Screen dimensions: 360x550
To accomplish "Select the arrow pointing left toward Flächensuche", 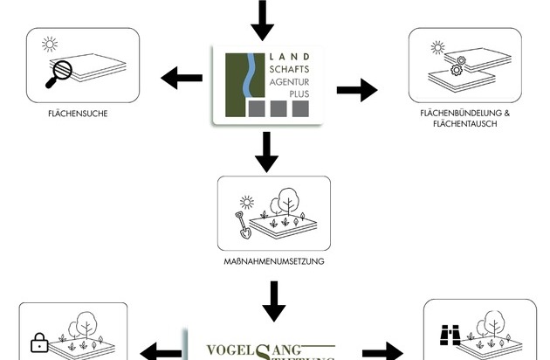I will [182, 80].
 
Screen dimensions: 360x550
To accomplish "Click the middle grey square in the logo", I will [278, 109].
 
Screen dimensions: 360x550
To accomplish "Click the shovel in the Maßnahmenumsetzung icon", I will [243, 226].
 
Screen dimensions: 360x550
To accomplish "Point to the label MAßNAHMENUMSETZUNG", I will [274, 260].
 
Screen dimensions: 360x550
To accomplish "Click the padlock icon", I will [38, 343].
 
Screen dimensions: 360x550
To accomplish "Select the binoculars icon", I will [450, 336].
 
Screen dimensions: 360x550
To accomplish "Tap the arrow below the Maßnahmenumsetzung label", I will [273, 301].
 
